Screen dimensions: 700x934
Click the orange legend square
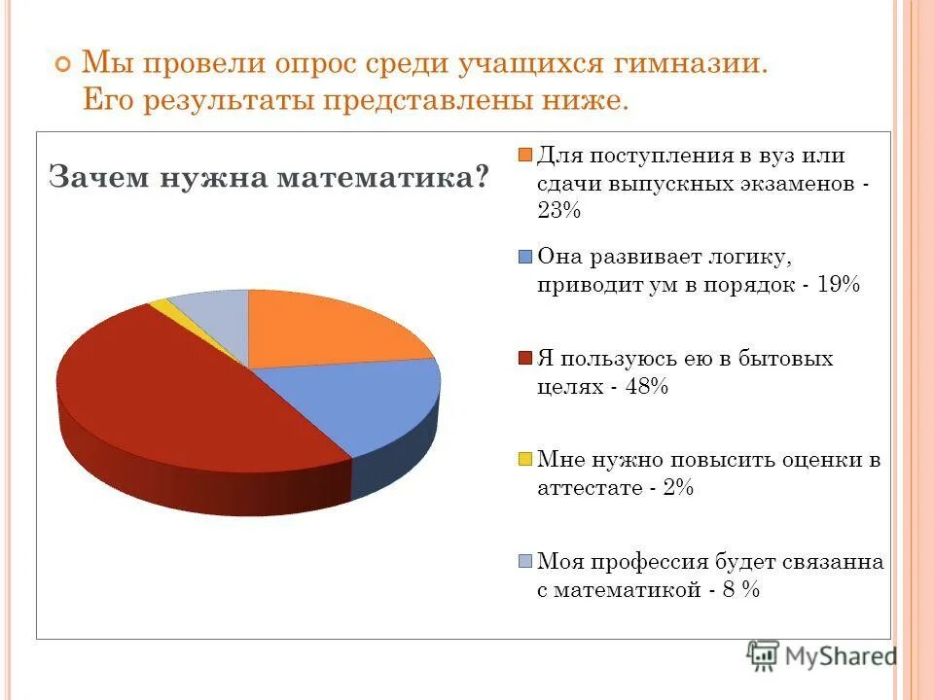click(525, 156)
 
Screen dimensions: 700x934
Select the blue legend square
click(525, 258)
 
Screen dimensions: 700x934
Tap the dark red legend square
click(525, 359)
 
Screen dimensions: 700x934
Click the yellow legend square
click(525, 460)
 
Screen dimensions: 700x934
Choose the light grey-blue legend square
click(525, 562)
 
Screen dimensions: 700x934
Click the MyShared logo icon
click(763, 655)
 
